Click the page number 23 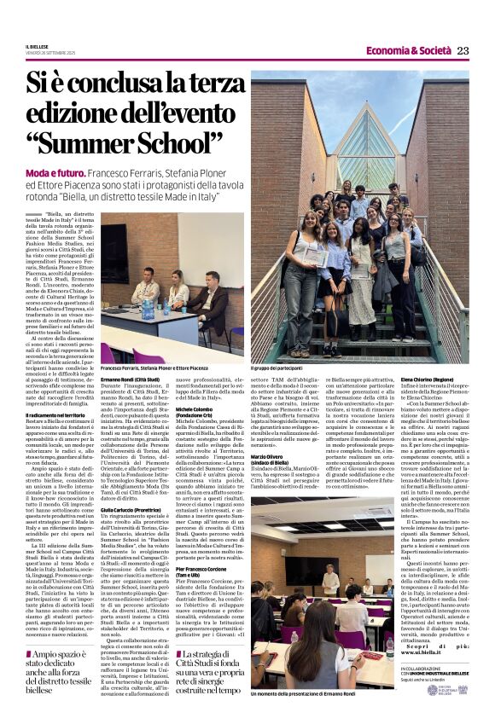[x=463, y=50]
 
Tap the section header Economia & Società [x=410, y=50]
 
